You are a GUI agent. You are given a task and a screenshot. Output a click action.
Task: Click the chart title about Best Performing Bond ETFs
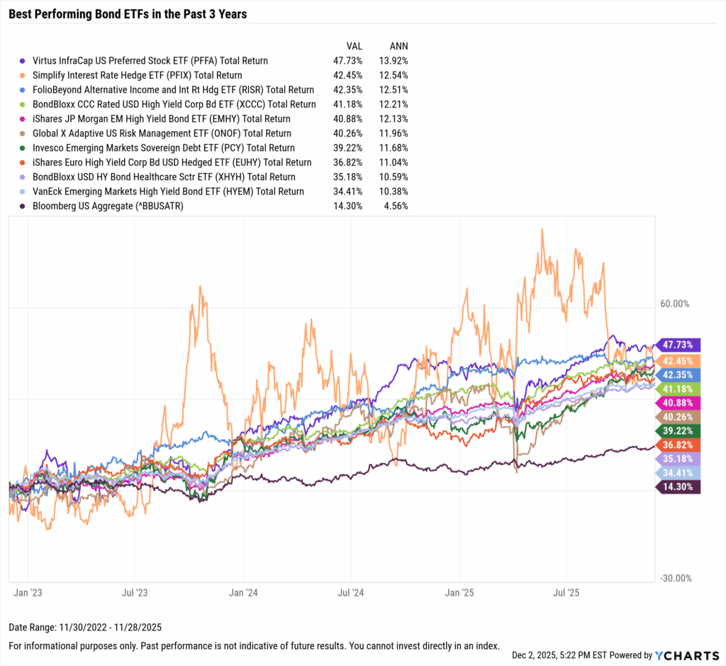[128, 14]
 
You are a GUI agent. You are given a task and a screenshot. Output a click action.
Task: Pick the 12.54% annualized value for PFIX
[393, 75]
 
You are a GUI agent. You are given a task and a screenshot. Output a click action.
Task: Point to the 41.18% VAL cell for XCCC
[347, 104]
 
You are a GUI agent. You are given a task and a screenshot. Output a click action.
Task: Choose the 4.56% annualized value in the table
[396, 206]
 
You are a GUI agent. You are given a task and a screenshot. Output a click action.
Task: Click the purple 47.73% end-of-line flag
[678, 345]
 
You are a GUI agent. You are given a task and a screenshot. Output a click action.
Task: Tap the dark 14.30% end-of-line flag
[678, 487]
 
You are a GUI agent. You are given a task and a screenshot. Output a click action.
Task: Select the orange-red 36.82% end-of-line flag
[678, 444]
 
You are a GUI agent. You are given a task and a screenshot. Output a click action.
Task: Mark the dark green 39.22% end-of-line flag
[678, 430]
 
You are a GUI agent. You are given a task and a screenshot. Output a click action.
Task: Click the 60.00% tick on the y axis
[674, 304]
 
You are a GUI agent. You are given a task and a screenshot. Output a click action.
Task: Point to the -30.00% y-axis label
[674, 578]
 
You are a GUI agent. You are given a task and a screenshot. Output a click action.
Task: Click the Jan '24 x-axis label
[243, 590]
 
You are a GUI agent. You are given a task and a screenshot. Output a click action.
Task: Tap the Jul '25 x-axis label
[566, 590]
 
